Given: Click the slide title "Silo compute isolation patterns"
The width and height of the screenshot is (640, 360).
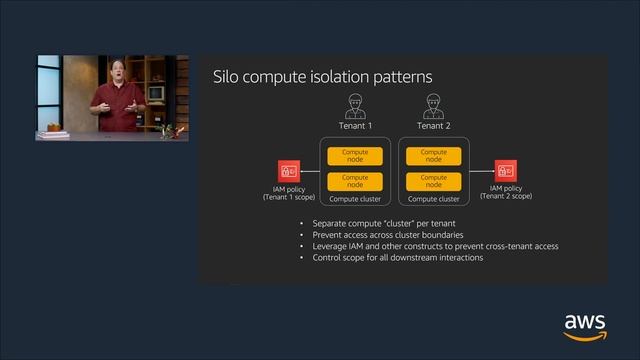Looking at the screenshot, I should (323, 77).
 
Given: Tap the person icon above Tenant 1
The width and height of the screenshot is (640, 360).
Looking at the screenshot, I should (355, 105).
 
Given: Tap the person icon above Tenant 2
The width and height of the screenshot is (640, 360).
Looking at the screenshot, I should (433, 105).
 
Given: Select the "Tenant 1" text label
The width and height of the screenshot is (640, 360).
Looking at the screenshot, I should (355, 126).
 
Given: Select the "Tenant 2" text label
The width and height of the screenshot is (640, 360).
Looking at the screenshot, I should (433, 126).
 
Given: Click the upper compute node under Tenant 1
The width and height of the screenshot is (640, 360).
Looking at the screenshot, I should (355, 156).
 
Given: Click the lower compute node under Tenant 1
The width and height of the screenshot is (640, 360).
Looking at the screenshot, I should (355, 181).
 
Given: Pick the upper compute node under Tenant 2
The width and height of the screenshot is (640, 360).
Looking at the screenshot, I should (433, 156).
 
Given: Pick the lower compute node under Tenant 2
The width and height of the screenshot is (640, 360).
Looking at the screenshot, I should (433, 181).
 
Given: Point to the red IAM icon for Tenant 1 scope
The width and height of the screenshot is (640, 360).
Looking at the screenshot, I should (289, 170).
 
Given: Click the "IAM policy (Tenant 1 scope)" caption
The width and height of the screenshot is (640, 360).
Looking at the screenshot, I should (289, 192).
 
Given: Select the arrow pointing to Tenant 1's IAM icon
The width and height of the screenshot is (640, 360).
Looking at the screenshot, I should (309, 170).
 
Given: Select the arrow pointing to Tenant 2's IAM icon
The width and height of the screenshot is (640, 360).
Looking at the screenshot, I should (483, 170).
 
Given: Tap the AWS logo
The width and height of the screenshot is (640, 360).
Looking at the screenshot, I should (585, 326).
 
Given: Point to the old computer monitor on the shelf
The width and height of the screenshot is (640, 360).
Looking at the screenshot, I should (156, 93).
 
